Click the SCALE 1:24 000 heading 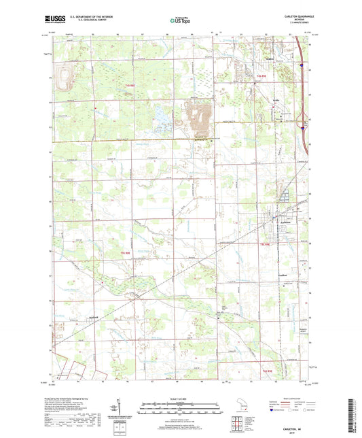click(x=181, y=397)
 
